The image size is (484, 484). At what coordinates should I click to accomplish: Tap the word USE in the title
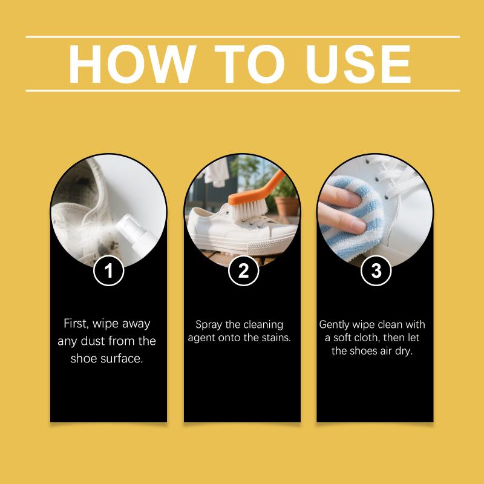coord(358,64)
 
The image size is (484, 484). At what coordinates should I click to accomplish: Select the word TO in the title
coord(249,64)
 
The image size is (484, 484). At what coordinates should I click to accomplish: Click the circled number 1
coord(109,270)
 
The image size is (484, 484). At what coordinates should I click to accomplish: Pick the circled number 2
coord(244,270)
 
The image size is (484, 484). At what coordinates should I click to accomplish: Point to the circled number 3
coord(376,270)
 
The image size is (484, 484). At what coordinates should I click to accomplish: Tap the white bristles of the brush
coord(249,209)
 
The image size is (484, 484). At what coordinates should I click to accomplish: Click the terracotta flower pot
coord(287,206)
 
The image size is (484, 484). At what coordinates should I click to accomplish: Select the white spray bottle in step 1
coord(137,233)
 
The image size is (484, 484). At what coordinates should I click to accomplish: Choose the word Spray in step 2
coord(208,325)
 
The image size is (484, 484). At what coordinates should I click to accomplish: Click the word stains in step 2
coord(276,338)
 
